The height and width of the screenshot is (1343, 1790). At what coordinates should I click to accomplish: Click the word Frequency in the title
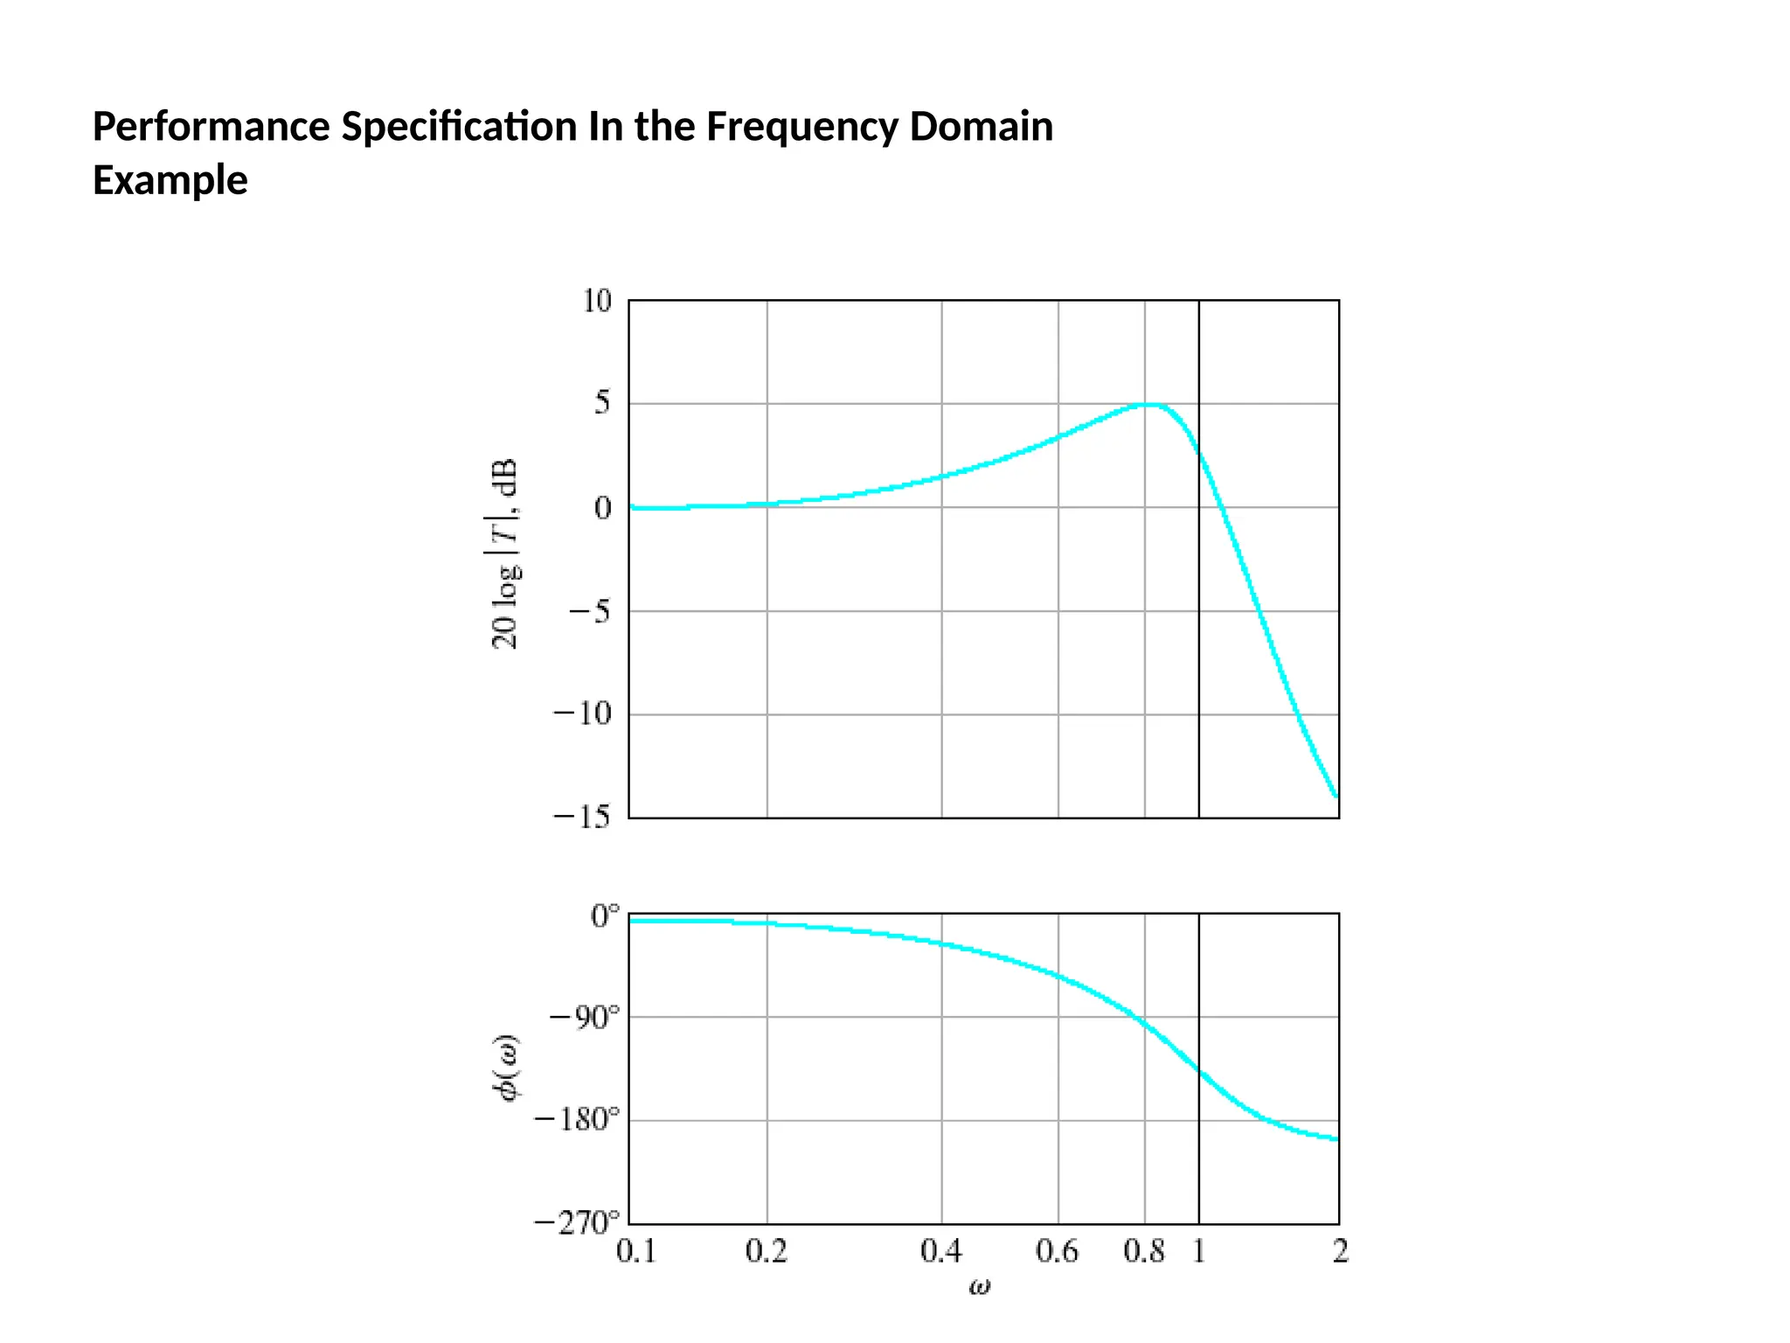coord(801,128)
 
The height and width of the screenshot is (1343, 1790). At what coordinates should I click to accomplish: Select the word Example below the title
coord(170,181)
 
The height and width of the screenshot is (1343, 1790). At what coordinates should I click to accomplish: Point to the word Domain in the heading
coord(981,128)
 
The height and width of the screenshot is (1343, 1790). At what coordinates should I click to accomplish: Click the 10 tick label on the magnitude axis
coord(597,302)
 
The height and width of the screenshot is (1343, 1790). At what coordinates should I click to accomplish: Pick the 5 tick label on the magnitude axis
coord(602,404)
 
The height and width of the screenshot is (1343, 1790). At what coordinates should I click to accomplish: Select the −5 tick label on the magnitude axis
coord(589,611)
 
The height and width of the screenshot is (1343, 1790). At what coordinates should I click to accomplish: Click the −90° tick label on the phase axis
coord(584,1018)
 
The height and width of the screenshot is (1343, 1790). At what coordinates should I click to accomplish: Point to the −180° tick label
coord(577,1119)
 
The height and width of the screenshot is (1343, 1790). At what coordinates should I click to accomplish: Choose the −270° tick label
coord(577,1222)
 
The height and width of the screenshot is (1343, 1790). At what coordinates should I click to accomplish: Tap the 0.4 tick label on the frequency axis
coord(941,1252)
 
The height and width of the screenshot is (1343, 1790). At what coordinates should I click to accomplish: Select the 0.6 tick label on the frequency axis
coord(1058,1252)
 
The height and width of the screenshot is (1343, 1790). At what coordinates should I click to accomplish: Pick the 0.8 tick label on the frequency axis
coord(1144,1252)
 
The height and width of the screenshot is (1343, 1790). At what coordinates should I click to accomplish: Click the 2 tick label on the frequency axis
coord(1340,1252)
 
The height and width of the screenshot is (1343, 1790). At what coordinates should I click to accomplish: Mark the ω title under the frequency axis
coord(980,1286)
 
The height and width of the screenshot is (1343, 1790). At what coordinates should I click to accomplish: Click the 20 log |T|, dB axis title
coord(505,554)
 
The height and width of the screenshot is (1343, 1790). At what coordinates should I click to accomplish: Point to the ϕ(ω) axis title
coord(506,1068)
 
